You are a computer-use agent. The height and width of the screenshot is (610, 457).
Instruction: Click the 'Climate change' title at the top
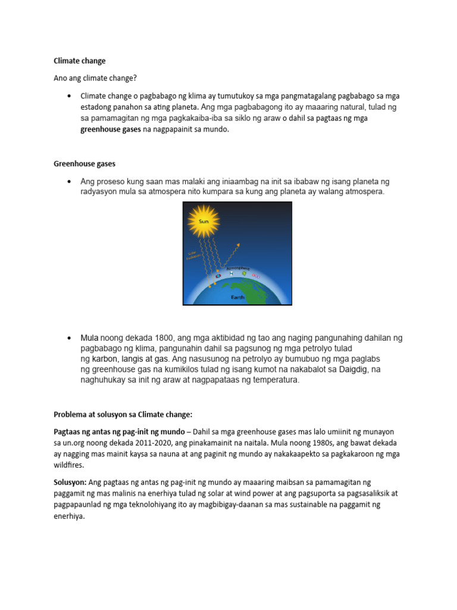tap(79, 61)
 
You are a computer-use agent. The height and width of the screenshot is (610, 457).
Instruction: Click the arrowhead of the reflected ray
tap(240, 244)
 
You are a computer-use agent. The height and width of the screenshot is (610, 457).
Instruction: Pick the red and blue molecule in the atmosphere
tap(217, 275)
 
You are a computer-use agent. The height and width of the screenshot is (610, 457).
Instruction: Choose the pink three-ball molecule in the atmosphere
tap(256, 276)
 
